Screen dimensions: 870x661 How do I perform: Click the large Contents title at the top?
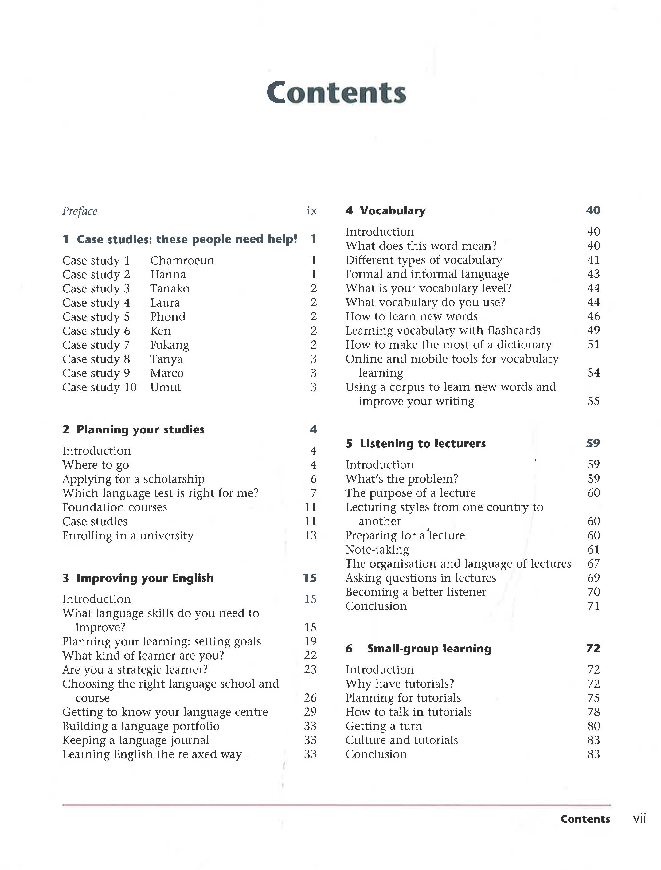(336, 92)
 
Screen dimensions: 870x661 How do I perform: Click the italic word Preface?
(80, 211)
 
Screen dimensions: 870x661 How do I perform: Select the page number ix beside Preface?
(312, 211)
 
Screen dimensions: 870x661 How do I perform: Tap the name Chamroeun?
(182, 261)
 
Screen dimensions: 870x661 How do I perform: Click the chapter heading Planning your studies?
(140, 430)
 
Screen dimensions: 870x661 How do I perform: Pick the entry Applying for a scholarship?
(133, 479)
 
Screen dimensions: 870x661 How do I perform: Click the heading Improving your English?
(145, 578)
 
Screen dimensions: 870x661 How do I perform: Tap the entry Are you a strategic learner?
(135, 670)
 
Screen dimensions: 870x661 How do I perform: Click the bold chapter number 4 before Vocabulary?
(349, 211)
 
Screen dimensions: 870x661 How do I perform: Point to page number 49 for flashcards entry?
(593, 331)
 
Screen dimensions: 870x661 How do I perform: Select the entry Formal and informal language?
(427, 274)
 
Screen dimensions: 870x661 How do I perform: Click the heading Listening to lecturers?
(423, 444)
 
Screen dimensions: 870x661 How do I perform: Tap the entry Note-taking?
(377, 550)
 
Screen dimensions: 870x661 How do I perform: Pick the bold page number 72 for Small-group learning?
(593, 649)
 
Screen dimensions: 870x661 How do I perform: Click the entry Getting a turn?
(384, 726)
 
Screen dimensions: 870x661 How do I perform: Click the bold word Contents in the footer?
(585, 819)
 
